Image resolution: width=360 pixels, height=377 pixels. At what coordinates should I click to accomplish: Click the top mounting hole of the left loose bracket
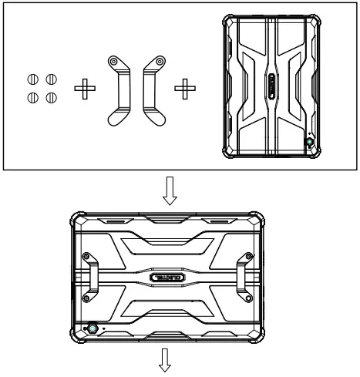click(114, 62)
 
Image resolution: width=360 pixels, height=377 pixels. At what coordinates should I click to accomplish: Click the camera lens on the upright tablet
click(310, 143)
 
